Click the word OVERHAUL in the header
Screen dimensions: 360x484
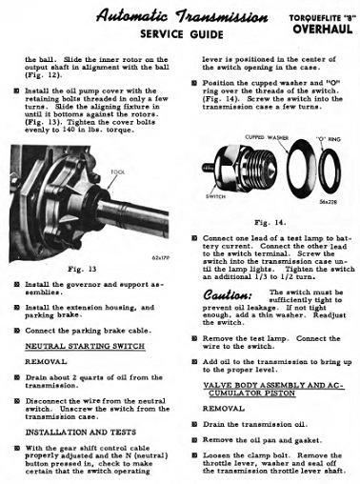point(323,29)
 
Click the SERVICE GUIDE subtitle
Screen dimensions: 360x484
point(182,34)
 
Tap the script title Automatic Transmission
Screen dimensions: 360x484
point(182,16)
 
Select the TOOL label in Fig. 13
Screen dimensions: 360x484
point(118,172)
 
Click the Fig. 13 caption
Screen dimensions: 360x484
point(82,269)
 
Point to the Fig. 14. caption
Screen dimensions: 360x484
point(270,222)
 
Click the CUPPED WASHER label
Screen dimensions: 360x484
point(267,137)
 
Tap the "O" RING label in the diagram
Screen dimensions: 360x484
point(329,139)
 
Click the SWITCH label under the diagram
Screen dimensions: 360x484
point(215,196)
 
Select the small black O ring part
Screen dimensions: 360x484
point(320,170)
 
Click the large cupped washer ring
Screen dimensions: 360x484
point(290,169)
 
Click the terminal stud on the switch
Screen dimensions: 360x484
point(208,168)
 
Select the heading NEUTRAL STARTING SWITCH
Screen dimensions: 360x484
point(85,346)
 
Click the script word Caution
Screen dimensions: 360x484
point(228,295)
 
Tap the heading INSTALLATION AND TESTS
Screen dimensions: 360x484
point(81,433)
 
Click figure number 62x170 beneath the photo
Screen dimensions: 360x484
point(161,257)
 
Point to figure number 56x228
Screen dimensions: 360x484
point(329,202)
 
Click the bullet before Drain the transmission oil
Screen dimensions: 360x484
point(194,424)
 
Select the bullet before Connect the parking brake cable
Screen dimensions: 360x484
point(17,331)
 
